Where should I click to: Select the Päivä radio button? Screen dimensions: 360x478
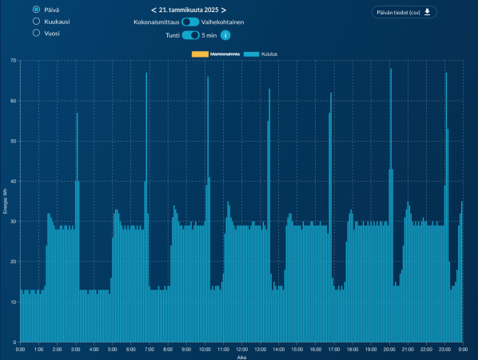(x=37, y=9)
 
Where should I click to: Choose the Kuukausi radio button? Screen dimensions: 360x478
(x=37, y=22)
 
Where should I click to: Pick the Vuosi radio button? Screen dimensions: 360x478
(x=37, y=34)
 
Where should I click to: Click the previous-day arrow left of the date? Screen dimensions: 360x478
(x=153, y=10)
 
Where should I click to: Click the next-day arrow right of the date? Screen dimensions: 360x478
(x=224, y=10)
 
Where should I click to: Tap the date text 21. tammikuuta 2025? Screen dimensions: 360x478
(x=189, y=10)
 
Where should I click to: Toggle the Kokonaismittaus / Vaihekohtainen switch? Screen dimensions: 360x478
(x=190, y=22)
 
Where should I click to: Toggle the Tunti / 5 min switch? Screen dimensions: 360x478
(x=190, y=35)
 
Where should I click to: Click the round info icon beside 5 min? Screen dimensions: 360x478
(x=225, y=35)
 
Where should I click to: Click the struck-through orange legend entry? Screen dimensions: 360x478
(x=210, y=54)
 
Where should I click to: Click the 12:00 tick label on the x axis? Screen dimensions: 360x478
(x=241, y=350)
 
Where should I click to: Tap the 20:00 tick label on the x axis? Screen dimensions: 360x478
(x=389, y=350)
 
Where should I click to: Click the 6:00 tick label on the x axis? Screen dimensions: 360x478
(x=131, y=350)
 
